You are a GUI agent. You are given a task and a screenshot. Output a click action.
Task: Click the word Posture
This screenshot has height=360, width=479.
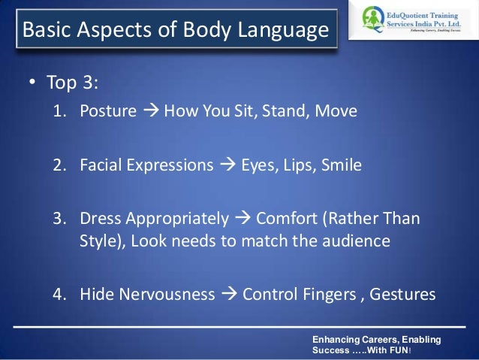pyautogui.click(x=107, y=113)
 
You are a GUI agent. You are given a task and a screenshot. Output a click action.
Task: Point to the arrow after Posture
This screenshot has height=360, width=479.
pyautogui.click(x=149, y=113)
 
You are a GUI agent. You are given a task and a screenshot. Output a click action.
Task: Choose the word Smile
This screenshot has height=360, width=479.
pyautogui.click(x=342, y=165)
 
